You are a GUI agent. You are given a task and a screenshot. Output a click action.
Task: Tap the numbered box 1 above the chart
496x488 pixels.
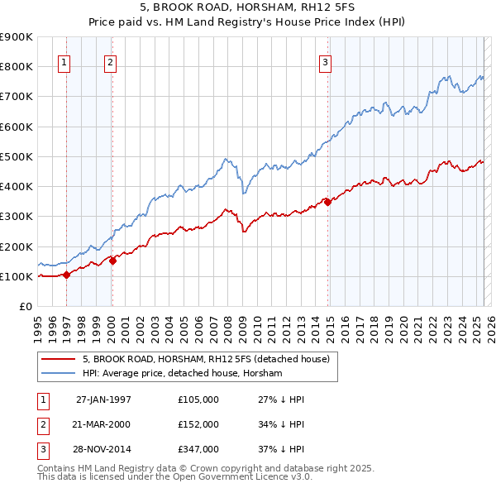click(64, 60)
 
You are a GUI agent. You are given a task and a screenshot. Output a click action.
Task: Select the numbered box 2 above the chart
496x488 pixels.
click(111, 60)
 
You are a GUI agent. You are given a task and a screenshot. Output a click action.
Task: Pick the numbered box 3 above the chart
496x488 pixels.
click(326, 60)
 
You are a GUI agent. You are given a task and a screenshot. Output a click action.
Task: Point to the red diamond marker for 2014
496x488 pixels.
click(328, 202)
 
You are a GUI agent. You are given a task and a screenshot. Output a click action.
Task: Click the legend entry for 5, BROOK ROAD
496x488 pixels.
click(206, 359)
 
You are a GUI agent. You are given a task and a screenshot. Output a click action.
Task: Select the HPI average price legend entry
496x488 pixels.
click(182, 374)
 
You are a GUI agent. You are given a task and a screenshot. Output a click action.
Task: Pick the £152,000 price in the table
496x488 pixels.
click(198, 424)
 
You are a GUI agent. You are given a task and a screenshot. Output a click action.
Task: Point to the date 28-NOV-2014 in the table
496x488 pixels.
click(103, 449)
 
